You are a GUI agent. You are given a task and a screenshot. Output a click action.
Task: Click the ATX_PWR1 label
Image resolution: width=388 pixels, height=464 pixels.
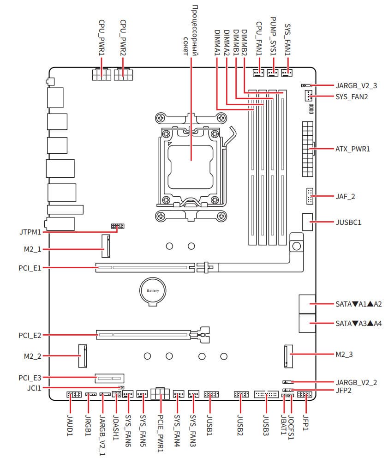point(353,149)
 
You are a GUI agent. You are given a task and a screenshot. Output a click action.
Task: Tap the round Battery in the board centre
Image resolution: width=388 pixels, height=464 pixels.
point(153,291)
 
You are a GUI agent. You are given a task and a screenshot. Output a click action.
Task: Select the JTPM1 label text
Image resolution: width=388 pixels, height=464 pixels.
point(28,232)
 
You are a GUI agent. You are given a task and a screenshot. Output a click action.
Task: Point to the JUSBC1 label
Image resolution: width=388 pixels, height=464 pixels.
point(349,222)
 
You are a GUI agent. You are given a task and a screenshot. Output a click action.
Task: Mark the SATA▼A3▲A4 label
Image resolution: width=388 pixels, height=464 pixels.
point(359,323)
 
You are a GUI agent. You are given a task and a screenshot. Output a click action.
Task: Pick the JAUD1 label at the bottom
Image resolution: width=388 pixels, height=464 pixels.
point(71,427)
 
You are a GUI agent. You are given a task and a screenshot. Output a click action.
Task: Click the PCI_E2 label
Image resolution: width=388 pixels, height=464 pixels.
point(30,334)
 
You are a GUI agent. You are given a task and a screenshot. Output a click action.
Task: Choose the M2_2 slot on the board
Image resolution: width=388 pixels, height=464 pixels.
point(83,356)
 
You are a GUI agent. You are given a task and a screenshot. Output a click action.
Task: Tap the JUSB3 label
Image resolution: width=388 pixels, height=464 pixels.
point(266,425)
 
